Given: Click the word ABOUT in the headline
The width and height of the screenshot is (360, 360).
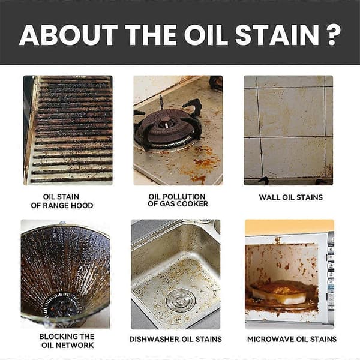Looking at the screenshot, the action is click(68, 35).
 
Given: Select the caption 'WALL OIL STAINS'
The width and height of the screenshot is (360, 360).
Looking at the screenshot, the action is click(291, 197).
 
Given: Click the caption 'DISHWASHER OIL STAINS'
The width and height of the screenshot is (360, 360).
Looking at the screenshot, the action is click(175, 339).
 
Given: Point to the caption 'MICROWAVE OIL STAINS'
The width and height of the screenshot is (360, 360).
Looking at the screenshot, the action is click(292, 339).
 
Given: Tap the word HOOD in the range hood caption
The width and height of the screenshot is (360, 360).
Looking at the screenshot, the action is click(83, 205).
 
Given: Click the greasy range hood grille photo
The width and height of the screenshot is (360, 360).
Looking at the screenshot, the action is click(68, 130).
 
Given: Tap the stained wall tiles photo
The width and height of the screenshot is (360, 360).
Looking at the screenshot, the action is click(288, 130).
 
